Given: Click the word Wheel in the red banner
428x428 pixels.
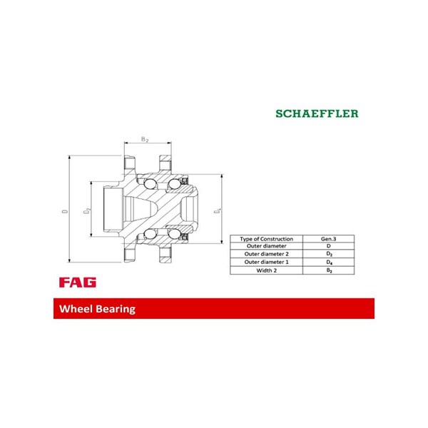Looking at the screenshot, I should coord(78,310).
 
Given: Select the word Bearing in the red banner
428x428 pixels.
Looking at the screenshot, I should coord(116,310).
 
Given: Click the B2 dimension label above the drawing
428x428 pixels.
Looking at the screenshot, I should coord(145,139).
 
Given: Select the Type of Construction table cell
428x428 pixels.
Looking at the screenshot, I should coord(266,238).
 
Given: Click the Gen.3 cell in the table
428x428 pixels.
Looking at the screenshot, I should coord(329,238).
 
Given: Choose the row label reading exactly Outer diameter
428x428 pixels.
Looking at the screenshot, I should coord(266,246).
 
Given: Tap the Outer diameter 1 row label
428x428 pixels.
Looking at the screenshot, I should coord(266,263).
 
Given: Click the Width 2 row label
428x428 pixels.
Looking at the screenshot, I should coord(266,271).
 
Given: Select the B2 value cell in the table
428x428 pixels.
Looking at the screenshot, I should coord(329,271).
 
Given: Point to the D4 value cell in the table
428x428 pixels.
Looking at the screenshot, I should coord(329,263).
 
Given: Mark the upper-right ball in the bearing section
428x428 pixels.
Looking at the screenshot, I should coord(173,187).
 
